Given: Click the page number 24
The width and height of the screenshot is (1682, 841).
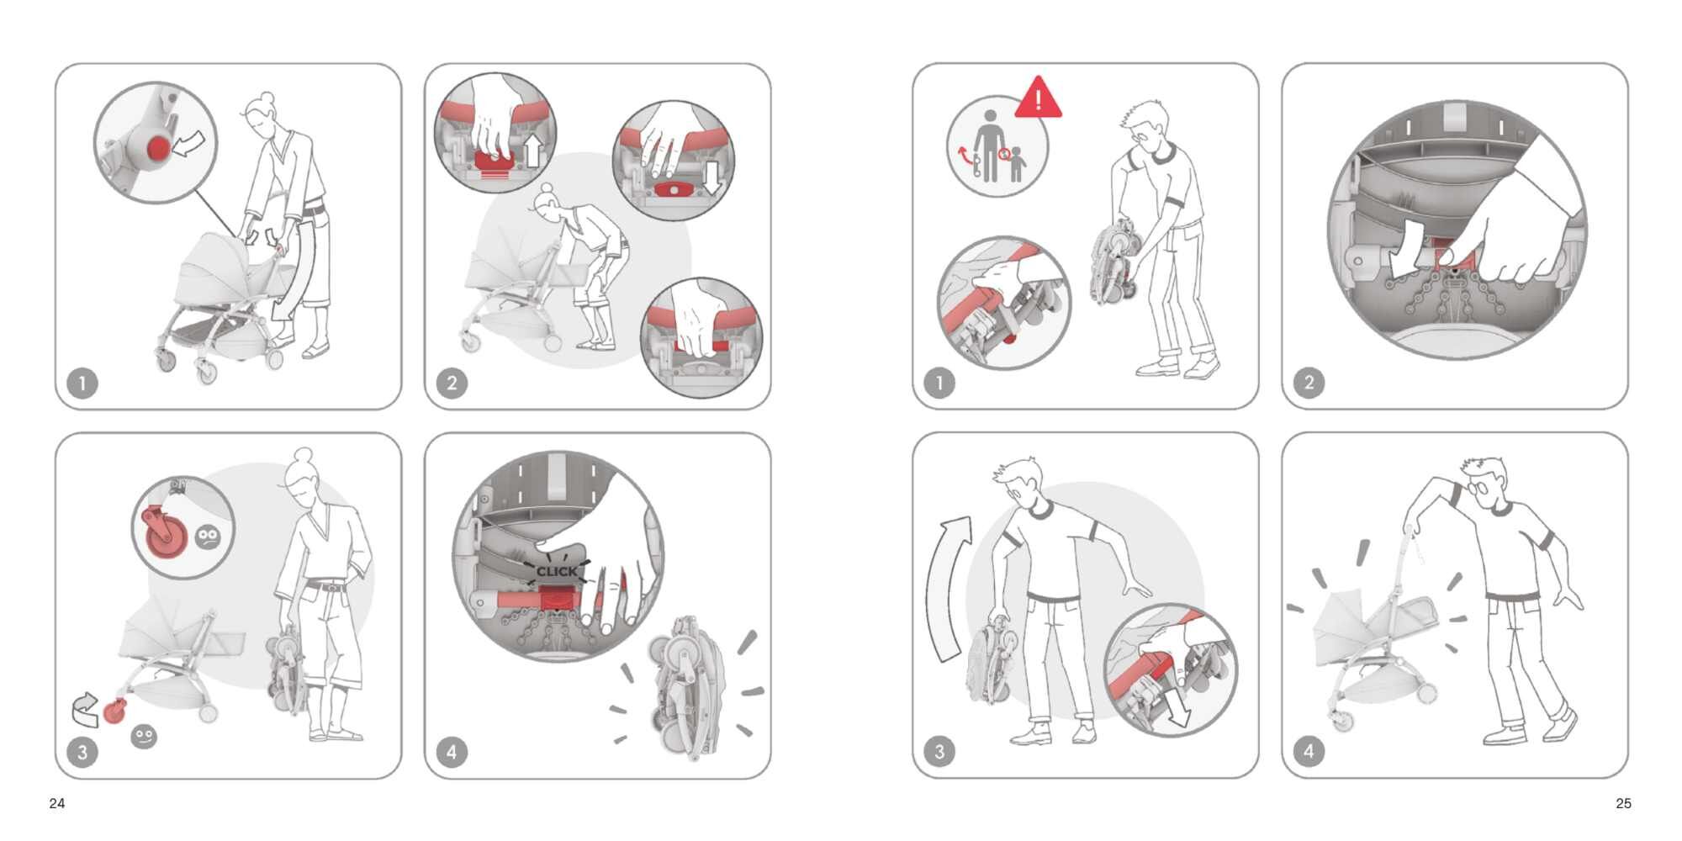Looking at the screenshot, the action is pos(57,803).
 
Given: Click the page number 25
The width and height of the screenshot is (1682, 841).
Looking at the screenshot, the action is pos(1623,803).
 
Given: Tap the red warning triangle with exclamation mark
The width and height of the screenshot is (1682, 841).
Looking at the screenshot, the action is pos(1039,98).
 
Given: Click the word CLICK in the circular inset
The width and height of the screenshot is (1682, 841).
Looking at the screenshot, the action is pos(557,571).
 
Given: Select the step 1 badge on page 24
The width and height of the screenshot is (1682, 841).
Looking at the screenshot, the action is pos(82,383).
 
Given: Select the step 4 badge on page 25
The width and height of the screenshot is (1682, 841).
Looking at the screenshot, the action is pos(1309,751).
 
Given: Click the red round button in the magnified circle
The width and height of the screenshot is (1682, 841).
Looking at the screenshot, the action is pos(158,149).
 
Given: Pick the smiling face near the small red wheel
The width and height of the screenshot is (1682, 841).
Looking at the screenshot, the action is pos(144,737).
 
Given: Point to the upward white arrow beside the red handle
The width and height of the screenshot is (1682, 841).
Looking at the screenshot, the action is pos(532,151).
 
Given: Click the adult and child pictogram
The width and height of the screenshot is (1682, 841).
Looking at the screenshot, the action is pos(998,147).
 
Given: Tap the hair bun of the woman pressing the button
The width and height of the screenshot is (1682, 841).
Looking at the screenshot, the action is pos(267,97).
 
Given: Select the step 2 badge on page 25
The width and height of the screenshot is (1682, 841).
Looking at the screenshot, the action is pos(1309,383).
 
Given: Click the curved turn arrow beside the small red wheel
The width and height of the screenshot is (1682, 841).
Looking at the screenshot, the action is pos(85,710).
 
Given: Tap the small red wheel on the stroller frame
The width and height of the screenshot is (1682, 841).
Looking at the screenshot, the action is pos(114,711).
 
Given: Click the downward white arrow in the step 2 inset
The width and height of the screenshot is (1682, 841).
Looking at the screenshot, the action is pos(713,176).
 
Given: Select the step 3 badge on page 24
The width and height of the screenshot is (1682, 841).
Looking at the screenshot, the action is pos(82,752).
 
